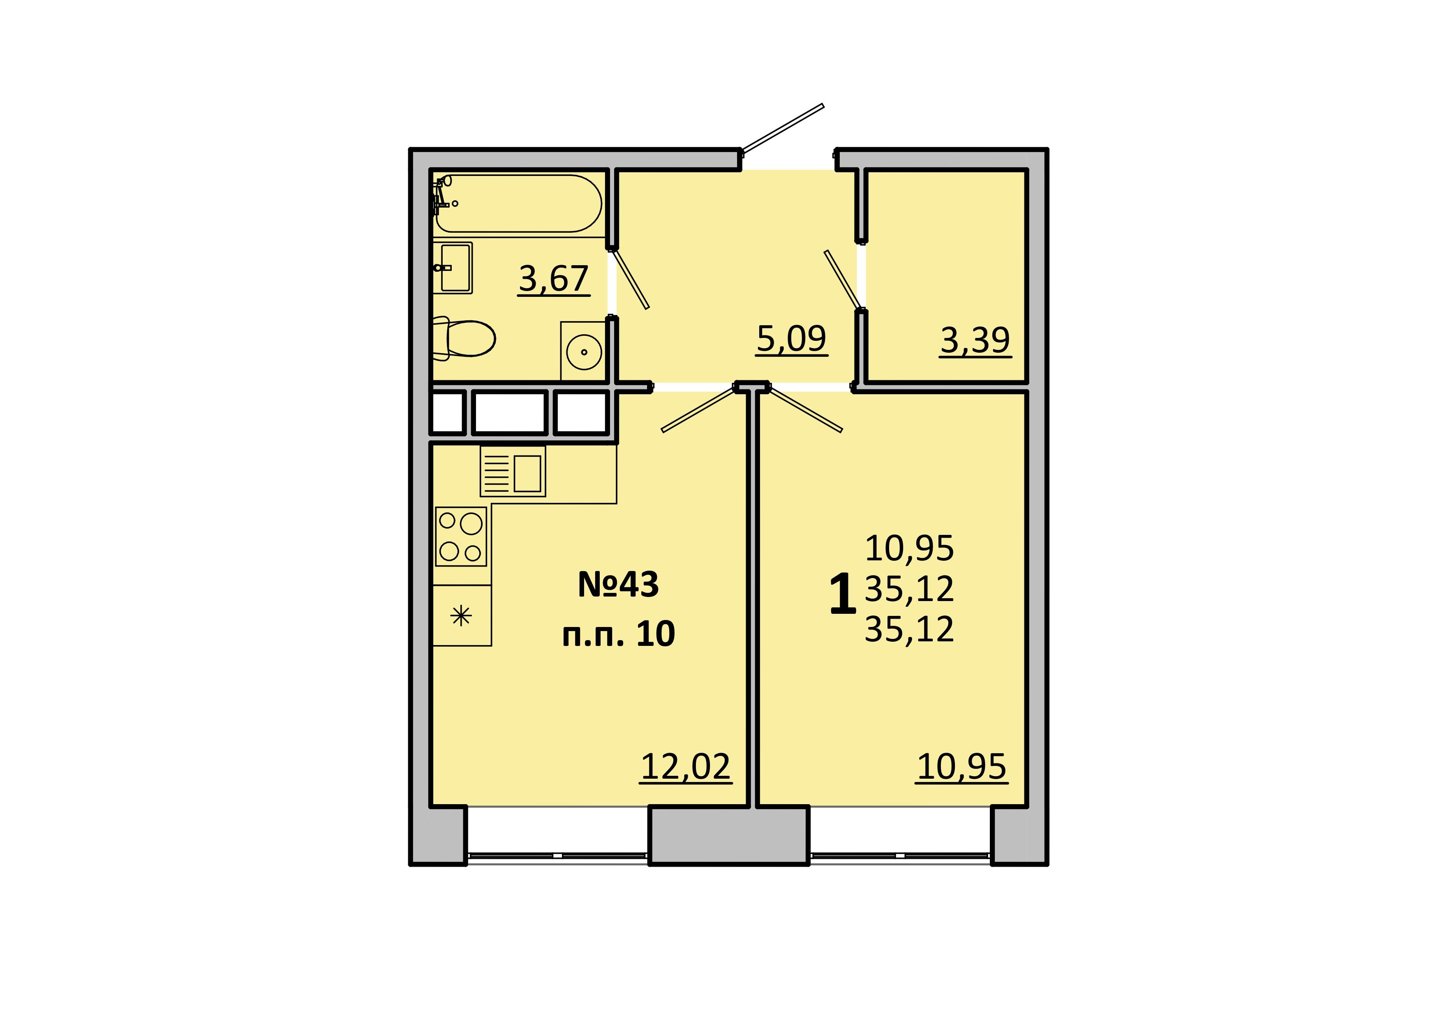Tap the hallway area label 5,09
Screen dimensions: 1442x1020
tap(791, 339)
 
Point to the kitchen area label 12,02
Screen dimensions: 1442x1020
tap(686, 767)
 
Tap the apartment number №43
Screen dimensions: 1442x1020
tap(618, 585)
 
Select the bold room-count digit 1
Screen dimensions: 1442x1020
tap(842, 594)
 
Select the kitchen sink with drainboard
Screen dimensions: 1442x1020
tap(513, 471)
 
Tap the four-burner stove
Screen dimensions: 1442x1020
tap(461, 537)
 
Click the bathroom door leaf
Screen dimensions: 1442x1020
tap(629, 279)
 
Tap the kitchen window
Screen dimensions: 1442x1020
tap(558, 856)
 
